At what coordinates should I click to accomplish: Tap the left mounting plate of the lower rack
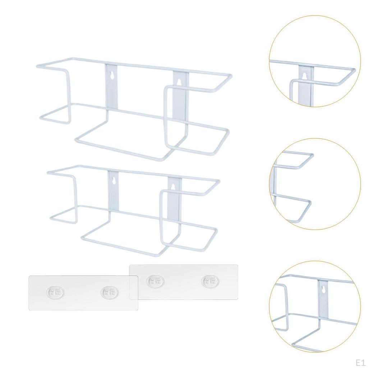[113, 192]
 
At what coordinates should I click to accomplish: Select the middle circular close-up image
[315, 184]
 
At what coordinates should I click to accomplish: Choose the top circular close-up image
[315, 61]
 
